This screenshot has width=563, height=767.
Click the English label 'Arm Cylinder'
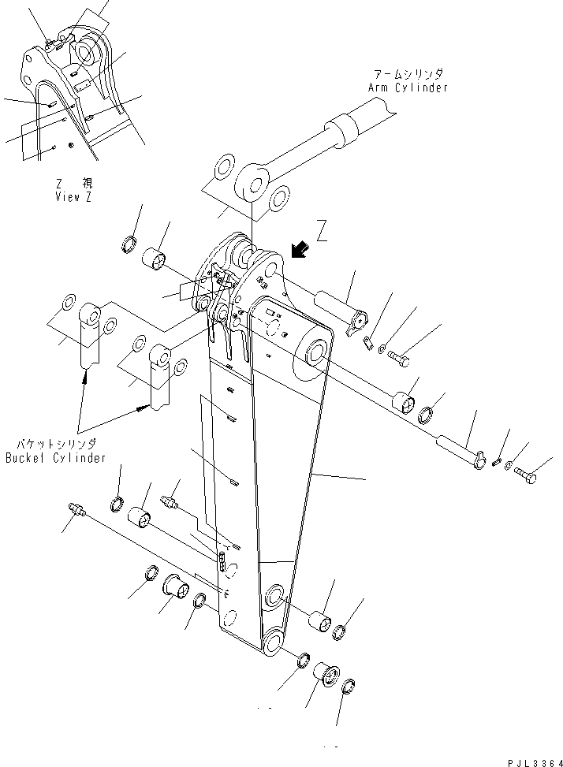tap(408, 87)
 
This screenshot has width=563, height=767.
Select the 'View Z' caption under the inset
tap(73, 197)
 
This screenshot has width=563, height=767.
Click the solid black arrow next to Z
tap(299, 250)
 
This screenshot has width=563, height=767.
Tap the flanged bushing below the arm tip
tap(326, 675)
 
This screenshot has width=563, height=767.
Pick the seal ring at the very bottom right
tap(351, 688)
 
